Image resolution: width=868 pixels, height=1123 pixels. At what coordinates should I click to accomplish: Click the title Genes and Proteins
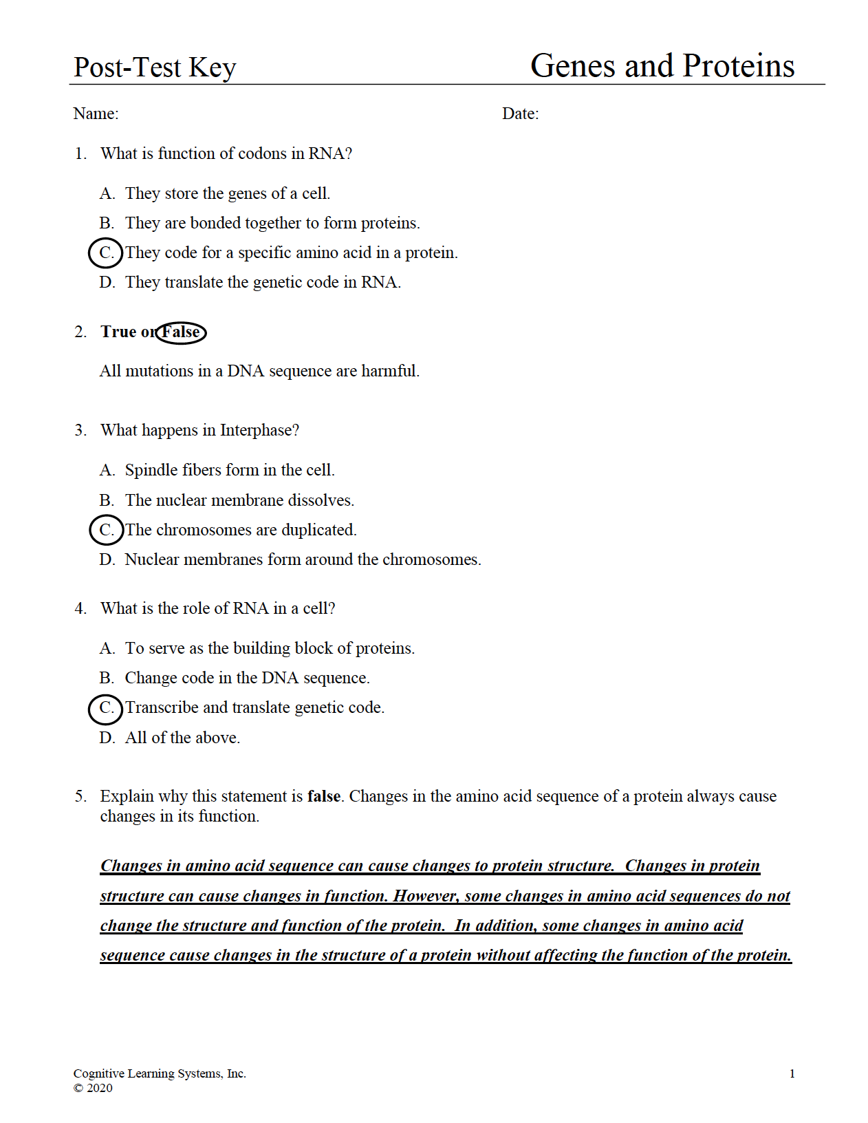662,66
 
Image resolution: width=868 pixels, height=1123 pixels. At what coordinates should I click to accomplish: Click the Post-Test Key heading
155,67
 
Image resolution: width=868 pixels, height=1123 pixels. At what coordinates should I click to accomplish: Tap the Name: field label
96,114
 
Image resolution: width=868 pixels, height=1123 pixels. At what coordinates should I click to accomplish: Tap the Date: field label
520,114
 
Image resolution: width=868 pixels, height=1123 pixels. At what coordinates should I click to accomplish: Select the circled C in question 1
106,253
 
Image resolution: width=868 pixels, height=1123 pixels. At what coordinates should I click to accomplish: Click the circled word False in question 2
181,332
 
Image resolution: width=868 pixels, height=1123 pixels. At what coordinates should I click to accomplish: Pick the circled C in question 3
106,530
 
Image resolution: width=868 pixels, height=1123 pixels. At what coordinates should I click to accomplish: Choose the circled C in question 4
106,708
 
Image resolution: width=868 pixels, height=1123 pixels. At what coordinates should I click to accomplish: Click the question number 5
80,796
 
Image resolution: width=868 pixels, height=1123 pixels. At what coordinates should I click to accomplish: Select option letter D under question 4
107,738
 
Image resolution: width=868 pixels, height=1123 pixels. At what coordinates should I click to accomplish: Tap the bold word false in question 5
324,796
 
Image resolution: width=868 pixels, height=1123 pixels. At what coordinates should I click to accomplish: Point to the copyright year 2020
100,1088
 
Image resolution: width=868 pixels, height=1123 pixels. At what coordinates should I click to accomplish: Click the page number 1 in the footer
792,1073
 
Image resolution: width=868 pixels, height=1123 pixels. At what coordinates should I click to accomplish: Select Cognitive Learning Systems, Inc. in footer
160,1073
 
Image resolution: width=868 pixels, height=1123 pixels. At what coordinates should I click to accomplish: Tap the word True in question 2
118,332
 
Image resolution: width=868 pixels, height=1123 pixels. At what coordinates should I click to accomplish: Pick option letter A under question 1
107,193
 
